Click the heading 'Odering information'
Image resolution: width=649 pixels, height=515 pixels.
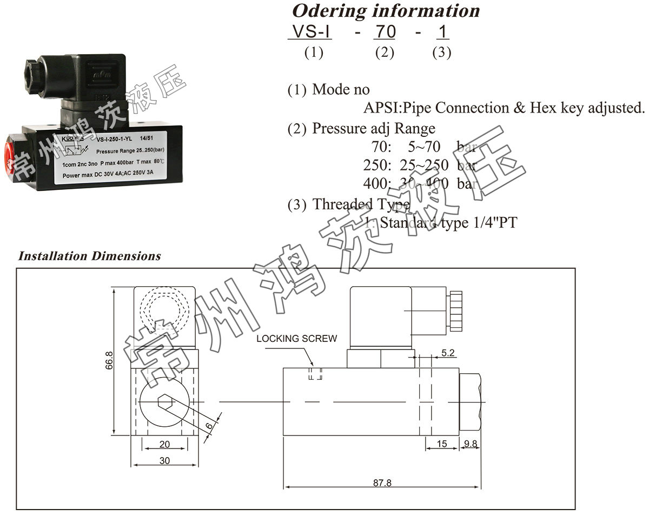386,11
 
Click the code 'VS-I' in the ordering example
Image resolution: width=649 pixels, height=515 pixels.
310,32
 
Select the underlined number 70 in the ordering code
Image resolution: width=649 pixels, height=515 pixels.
385,32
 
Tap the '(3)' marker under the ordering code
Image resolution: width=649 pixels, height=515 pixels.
441,52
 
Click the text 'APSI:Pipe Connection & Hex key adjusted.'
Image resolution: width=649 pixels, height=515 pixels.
504,108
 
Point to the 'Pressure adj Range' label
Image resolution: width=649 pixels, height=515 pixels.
374,129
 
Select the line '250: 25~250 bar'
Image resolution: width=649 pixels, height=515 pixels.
419,165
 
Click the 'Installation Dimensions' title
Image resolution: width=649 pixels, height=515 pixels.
89,256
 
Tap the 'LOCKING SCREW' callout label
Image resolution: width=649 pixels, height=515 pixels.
296,339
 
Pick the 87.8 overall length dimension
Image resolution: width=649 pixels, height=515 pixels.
382,483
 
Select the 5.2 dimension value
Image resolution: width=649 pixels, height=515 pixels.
448,353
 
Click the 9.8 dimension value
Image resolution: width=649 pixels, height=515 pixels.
471,444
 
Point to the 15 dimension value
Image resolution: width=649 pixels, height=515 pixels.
442,444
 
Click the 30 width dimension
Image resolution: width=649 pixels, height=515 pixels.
165,460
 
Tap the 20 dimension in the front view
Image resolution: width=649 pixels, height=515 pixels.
165,444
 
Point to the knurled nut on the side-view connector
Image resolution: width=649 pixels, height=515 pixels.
455,312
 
